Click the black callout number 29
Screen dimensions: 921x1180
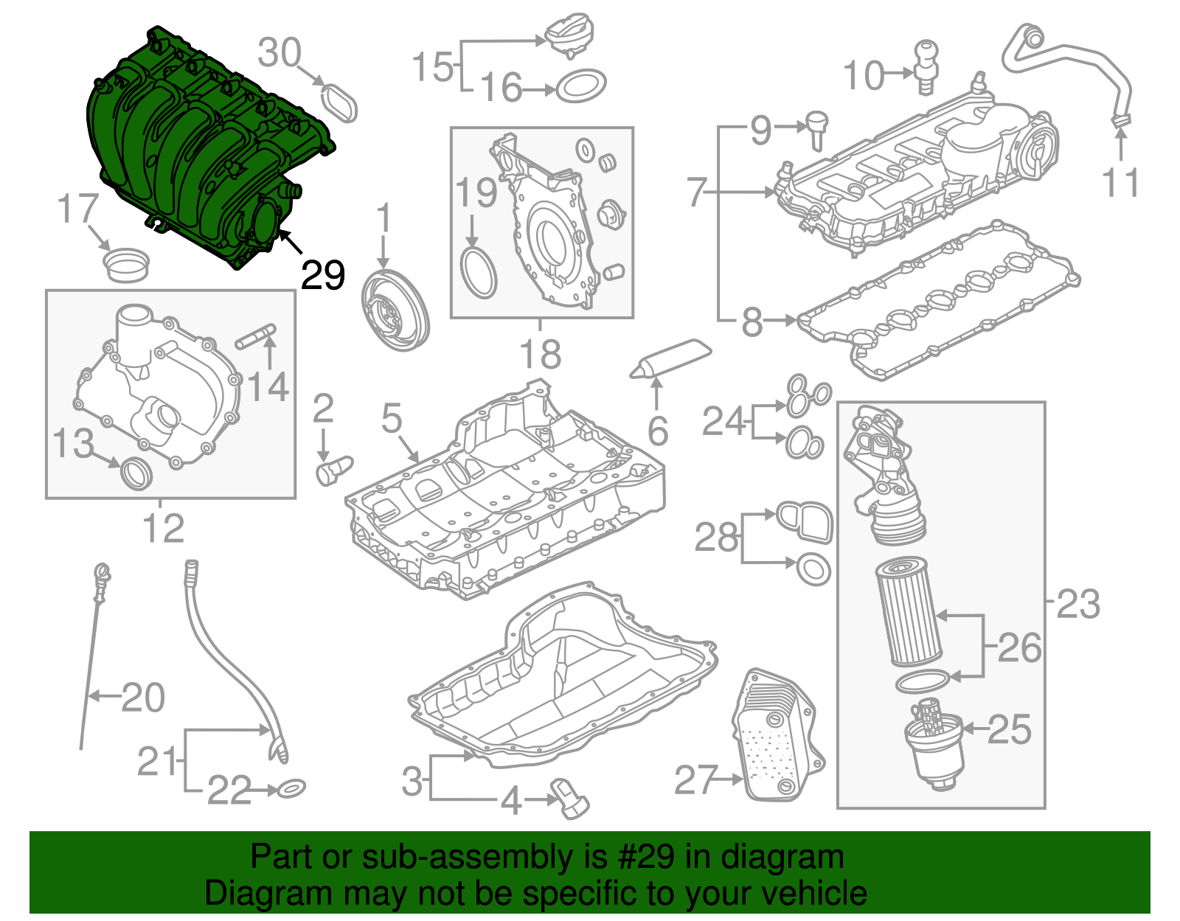323,276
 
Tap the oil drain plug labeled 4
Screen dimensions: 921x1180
569,798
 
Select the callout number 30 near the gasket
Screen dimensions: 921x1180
280,53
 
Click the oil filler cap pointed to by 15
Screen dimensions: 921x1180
567,38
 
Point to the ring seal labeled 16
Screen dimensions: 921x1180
581,87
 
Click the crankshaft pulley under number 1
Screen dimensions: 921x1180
395,311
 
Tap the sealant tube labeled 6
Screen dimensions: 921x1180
671,358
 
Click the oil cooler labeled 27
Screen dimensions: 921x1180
775,737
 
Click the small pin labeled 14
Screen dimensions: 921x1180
256,336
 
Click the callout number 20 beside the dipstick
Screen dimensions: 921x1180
143,698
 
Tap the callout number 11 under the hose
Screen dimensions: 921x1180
1121,183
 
